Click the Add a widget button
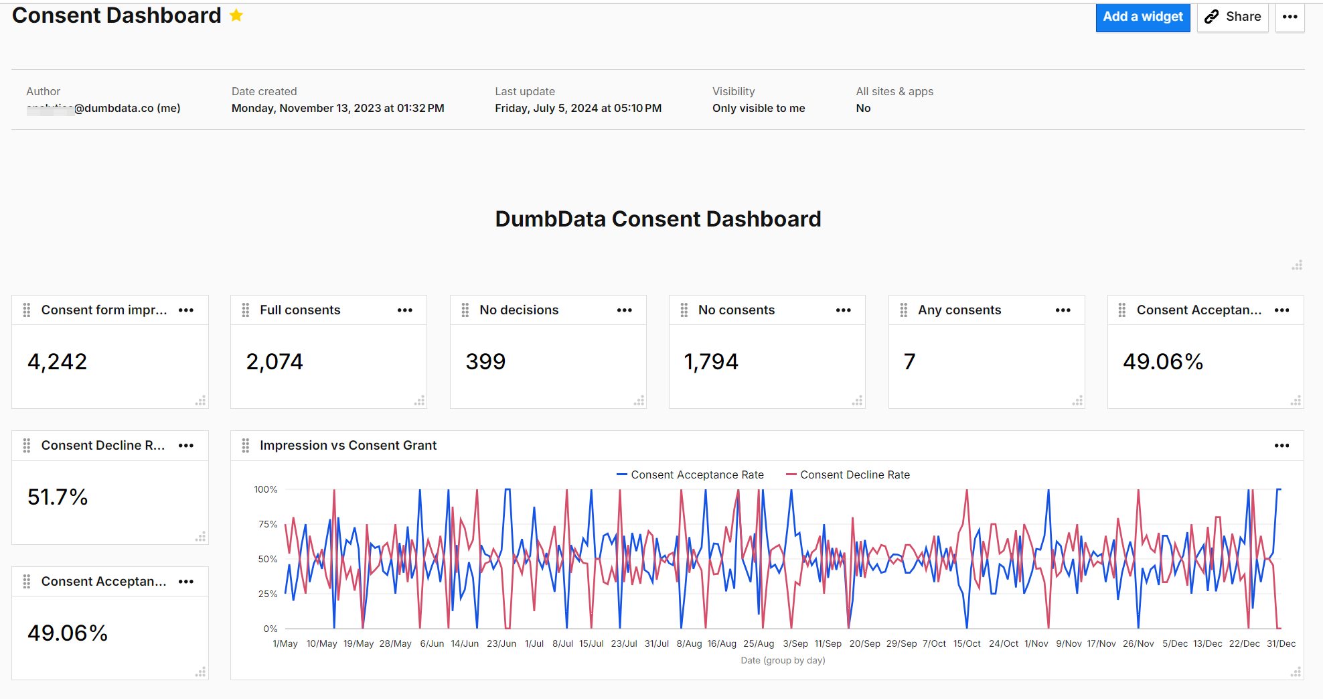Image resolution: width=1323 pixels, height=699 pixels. [x=1142, y=17]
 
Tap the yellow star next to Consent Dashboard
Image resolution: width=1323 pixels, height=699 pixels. [x=236, y=15]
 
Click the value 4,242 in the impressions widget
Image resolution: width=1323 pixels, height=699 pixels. [x=58, y=362]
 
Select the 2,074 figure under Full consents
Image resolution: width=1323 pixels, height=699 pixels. [x=275, y=362]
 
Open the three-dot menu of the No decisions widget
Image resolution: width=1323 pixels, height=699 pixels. [x=624, y=310]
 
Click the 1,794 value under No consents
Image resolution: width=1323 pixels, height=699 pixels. [x=711, y=362]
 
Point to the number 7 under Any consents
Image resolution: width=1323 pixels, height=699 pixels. [x=909, y=362]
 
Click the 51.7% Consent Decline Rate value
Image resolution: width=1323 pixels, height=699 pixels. [x=58, y=497]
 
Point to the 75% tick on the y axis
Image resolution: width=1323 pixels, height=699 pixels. [x=268, y=524]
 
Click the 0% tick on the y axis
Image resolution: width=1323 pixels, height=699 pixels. [x=270, y=629]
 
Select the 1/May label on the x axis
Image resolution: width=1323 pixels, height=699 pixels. [x=285, y=643]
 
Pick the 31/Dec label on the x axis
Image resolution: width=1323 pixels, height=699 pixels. [x=1281, y=643]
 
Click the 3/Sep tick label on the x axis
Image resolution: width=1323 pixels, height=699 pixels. [x=795, y=643]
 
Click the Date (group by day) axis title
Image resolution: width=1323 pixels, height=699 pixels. [x=783, y=660]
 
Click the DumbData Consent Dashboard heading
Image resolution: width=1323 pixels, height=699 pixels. [x=657, y=219]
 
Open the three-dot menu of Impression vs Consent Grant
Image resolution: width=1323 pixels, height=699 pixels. [x=1281, y=446]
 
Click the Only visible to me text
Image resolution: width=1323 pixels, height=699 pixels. [x=759, y=108]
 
